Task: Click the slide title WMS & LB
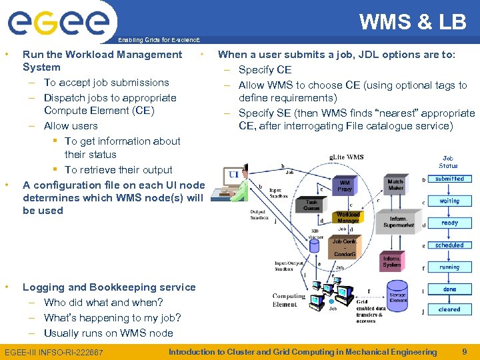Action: point(413,22)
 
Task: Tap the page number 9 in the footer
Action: point(465,351)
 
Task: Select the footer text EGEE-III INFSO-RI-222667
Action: point(54,352)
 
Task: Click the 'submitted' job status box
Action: point(449,179)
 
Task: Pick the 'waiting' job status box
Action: point(449,201)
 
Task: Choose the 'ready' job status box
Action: point(449,223)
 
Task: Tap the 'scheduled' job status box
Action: point(449,245)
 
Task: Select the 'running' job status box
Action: point(449,267)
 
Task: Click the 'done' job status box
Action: point(449,289)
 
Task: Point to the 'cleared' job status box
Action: point(449,309)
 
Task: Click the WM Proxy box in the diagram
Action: point(345,185)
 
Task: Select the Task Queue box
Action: point(312,205)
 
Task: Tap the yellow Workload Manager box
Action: point(347,218)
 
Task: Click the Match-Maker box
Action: point(395,183)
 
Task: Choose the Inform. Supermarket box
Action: point(399,221)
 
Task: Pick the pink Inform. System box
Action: point(392,261)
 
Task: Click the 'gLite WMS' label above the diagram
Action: point(347,157)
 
